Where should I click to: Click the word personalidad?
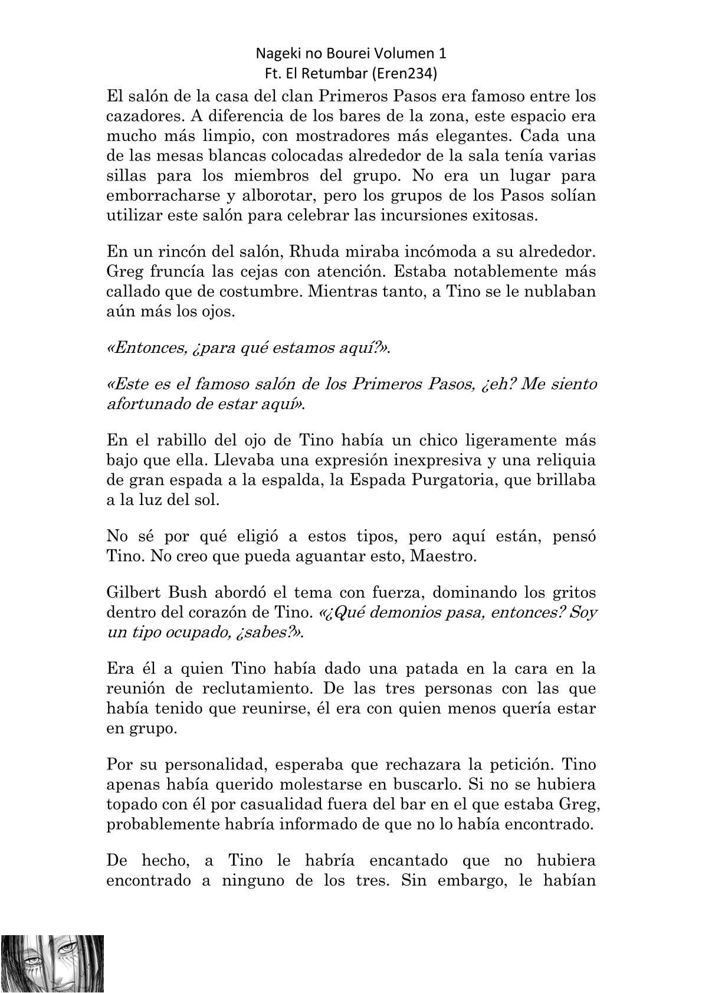tap(213, 765)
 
